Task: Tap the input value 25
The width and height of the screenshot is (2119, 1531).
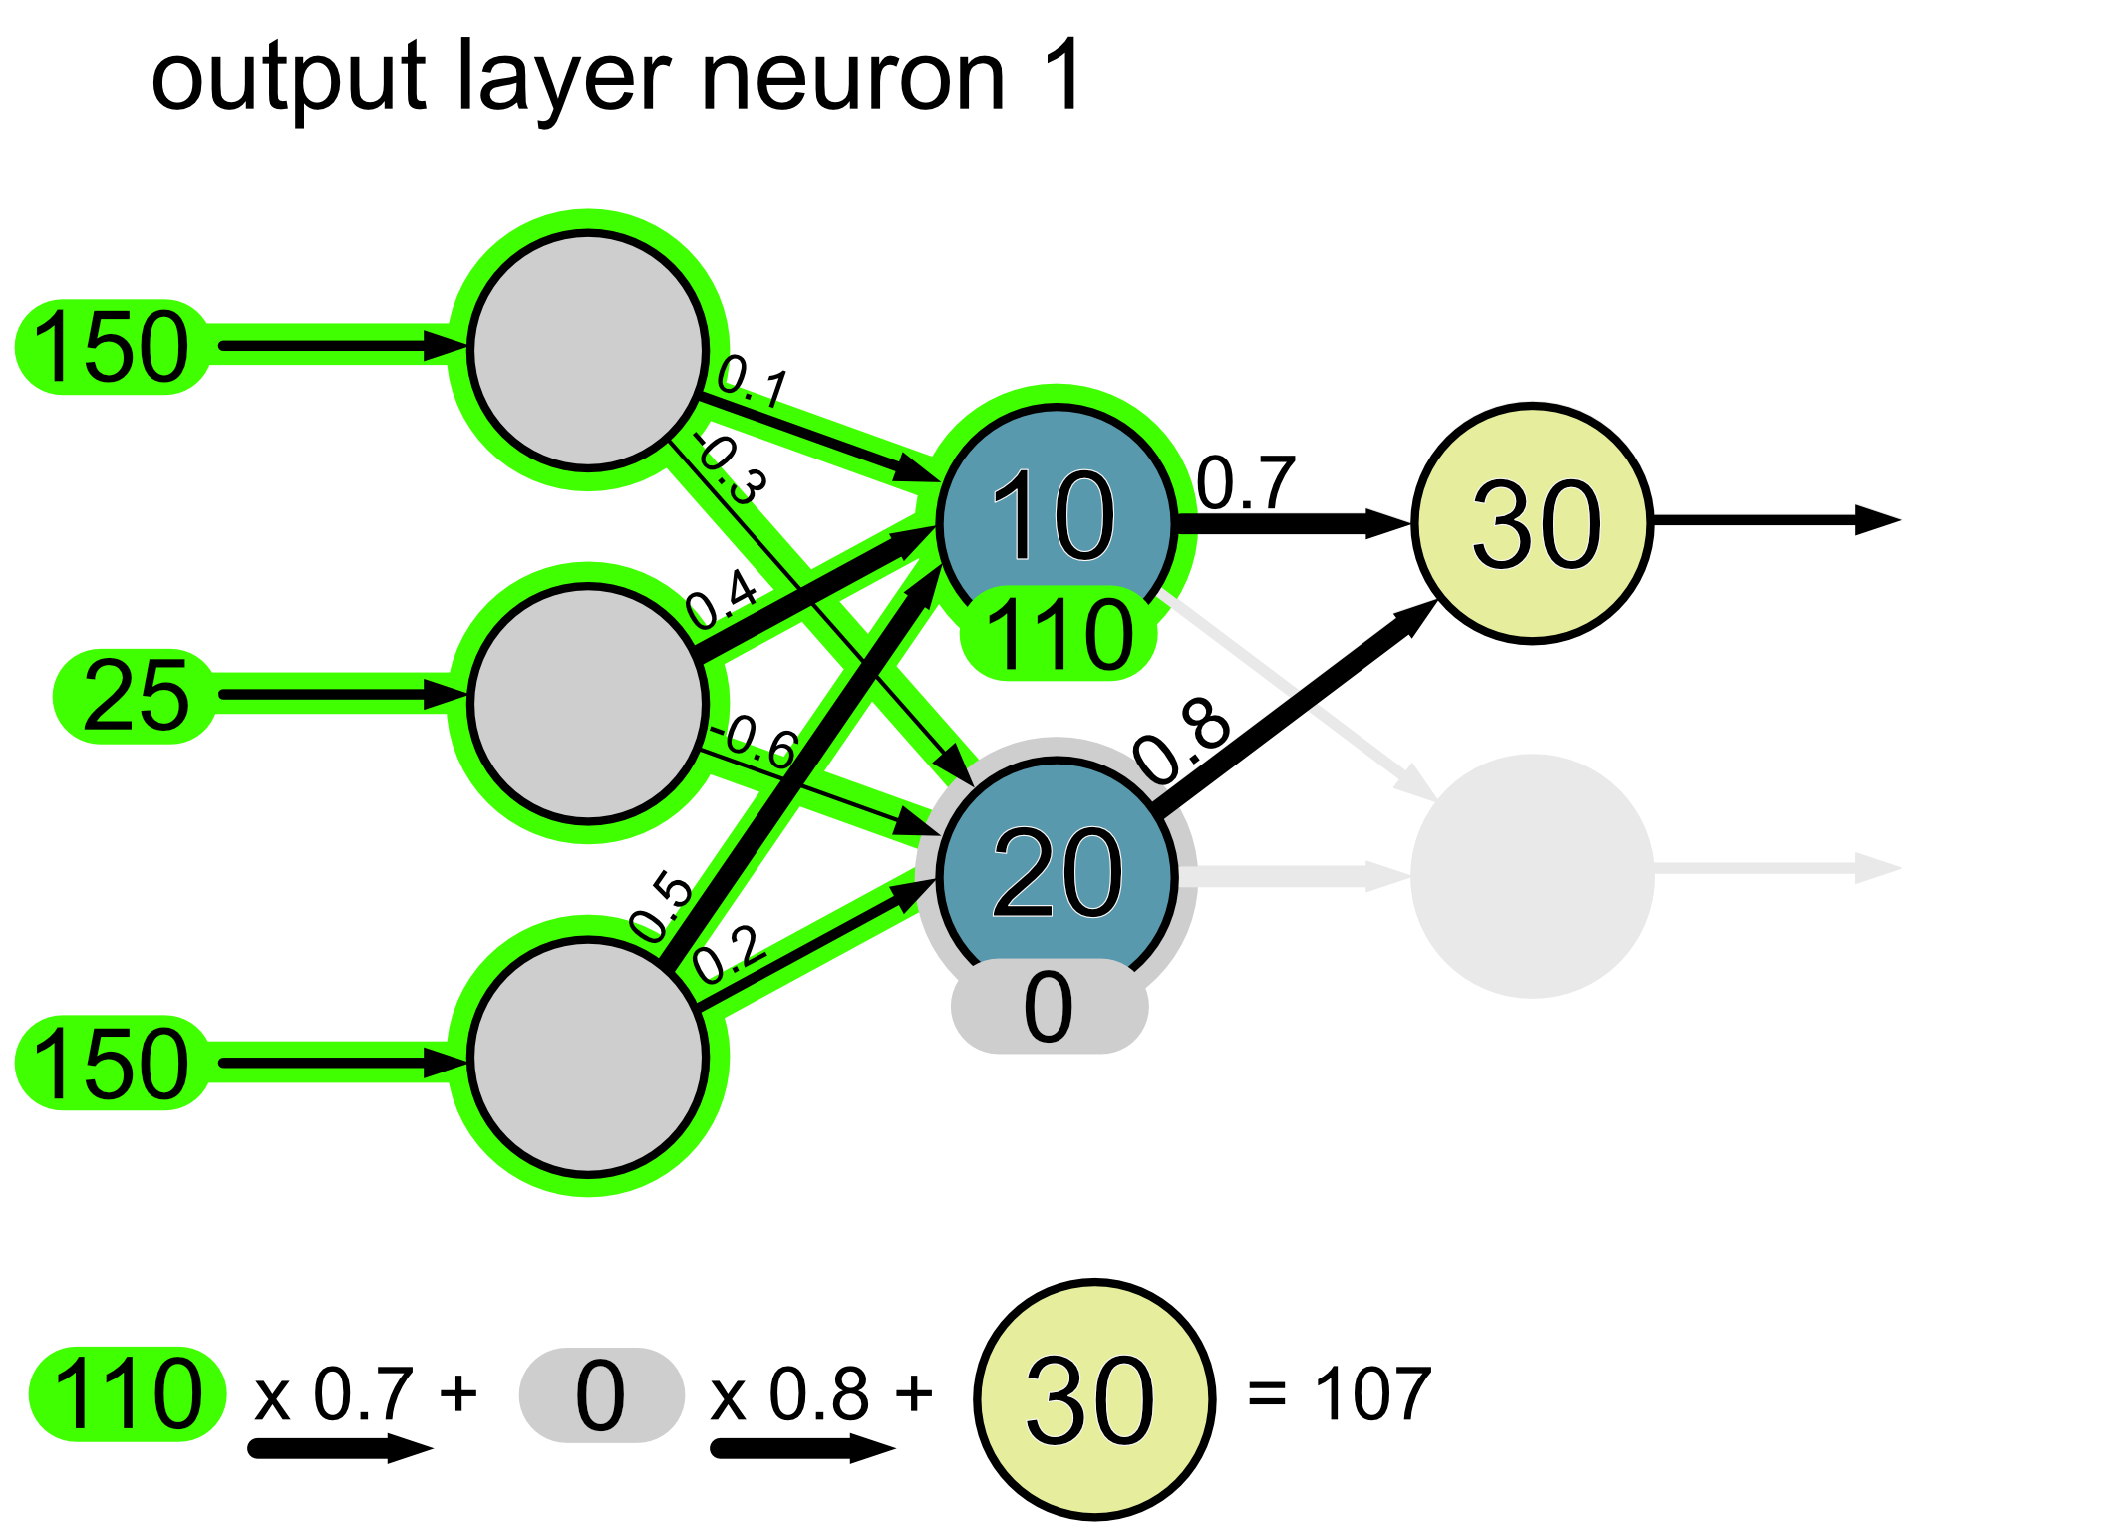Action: point(136,696)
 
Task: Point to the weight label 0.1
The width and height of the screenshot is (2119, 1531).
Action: point(754,381)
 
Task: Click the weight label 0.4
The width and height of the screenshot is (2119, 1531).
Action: point(723,598)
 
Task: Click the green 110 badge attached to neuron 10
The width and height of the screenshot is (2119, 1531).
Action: point(1059,634)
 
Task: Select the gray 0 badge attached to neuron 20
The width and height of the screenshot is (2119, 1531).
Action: point(1049,1008)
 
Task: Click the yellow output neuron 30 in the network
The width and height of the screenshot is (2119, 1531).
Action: point(1533,523)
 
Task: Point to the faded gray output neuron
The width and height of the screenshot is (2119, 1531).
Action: point(1533,875)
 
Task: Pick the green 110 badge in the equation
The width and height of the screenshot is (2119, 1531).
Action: point(128,1394)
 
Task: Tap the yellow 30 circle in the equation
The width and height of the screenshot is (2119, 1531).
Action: point(1093,1399)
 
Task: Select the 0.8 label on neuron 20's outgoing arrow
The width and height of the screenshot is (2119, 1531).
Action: point(1184,740)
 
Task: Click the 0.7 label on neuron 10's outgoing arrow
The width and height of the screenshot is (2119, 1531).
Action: point(1246,483)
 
